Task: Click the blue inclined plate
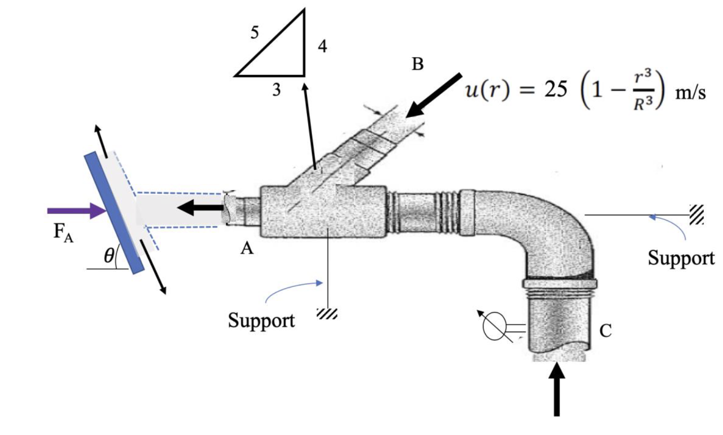tap(114, 213)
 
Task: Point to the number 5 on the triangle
tap(254, 32)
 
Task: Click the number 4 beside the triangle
tap(322, 46)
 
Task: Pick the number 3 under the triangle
tap(276, 90)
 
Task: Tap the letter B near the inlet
tap(417, 64)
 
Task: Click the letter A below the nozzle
tap(247, 248)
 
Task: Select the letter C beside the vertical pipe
tap(605, 330)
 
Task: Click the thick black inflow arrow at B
tap(433, 96)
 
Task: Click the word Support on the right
tap(681, 258)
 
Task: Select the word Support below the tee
tap(261, 320)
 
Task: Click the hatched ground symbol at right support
tap(696, 214)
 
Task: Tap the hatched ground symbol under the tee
tap(327, 314)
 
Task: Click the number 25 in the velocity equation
tap(555, 90)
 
